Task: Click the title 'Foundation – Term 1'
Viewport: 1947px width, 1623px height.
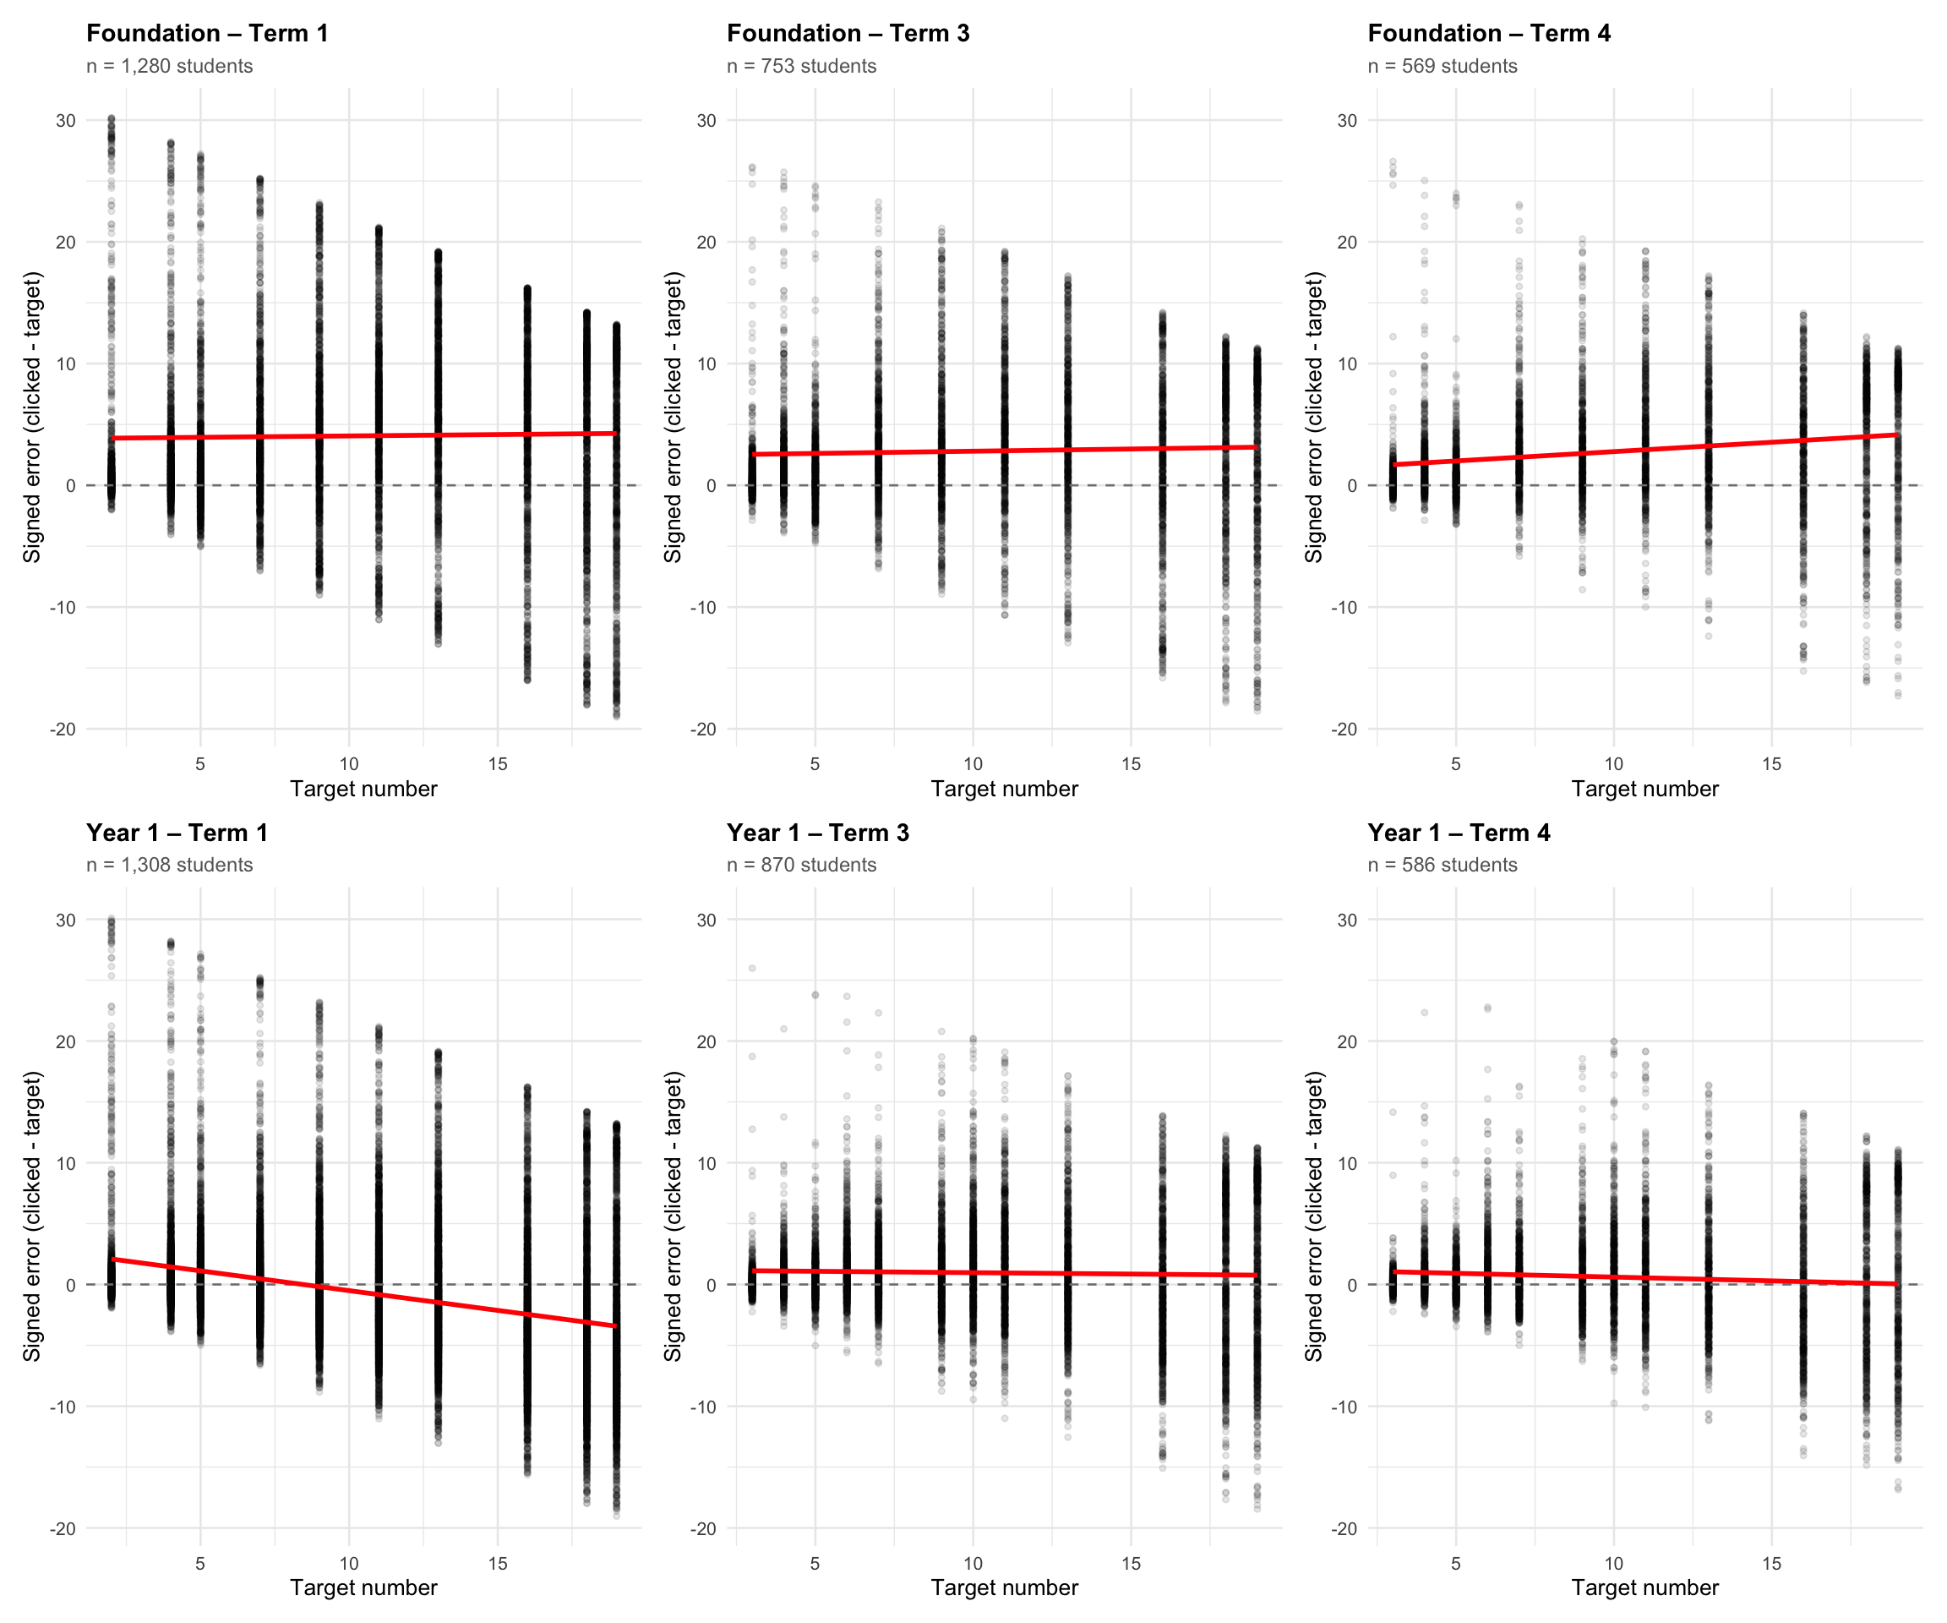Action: [207, 33]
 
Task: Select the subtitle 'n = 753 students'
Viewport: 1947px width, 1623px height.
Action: [801, 66]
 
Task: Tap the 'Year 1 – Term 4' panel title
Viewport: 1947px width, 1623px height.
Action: [1459, 833]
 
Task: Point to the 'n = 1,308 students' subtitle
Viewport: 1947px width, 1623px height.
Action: [170, 865]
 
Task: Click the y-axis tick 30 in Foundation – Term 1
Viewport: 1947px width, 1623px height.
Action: [65, 121]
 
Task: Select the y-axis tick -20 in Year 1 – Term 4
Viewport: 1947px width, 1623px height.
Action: [1344, 1528]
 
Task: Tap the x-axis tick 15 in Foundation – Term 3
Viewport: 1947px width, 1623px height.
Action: [1130, 764]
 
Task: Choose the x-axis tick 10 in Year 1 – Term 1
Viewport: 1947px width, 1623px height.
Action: [349, 1564]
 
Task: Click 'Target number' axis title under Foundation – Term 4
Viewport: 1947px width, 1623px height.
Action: [1644, 790]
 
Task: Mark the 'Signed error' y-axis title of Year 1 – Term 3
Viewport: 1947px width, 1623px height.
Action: [674, 1216]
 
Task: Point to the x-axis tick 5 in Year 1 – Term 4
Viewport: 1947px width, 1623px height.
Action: [1456, 1564]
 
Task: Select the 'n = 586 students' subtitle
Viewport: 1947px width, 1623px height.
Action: [1442, 865]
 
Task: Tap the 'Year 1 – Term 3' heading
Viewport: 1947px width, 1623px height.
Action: [818, 833]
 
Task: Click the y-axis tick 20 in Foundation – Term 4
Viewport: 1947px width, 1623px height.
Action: [1347, 242]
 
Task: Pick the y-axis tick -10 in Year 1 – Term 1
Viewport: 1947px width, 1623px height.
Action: [63, 1407]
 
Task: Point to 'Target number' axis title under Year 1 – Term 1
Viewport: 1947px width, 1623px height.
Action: [363, 1587]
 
